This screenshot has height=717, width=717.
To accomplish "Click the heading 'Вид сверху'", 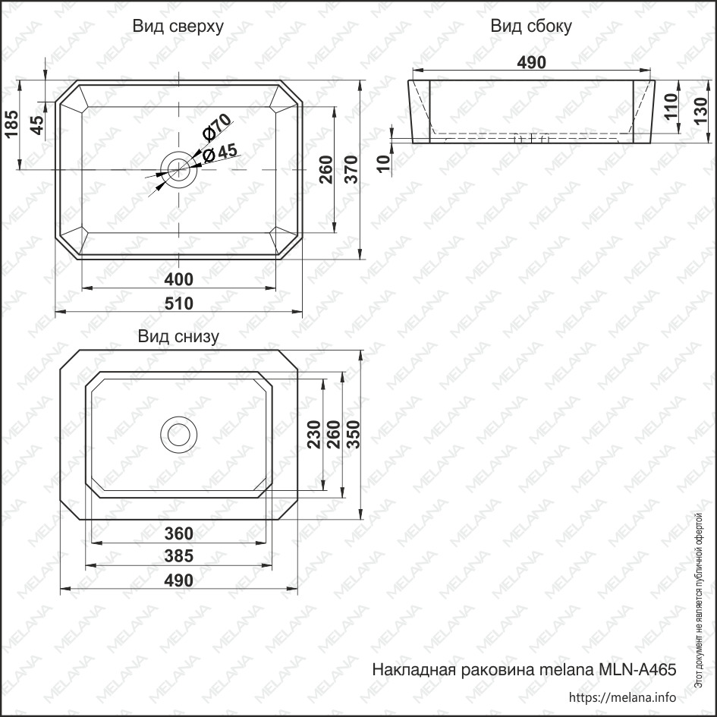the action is pos(178,27).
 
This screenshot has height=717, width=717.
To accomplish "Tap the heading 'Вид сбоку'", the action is pos(531,27).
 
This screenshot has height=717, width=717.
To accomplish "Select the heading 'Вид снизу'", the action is pos(178,337).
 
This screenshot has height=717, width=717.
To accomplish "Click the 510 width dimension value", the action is pos(179,303).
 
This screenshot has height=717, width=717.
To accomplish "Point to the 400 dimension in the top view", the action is pos(179,279).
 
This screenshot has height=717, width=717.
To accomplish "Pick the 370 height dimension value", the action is pos(351,170).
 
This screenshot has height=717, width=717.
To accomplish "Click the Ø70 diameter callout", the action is pos(215,127).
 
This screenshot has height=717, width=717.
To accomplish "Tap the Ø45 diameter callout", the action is pos(219,153).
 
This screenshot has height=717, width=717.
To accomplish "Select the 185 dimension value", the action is pos(11,124).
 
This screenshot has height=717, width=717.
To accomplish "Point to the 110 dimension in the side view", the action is pos(671,106).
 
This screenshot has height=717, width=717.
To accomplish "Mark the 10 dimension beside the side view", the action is pos(385,163).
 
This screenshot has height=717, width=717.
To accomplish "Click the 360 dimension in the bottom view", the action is pos(179,533).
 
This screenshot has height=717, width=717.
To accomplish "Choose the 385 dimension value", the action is pos(179,555).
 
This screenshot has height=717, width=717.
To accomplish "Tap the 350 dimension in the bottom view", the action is pos(353,435).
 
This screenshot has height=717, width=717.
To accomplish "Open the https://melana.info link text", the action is pos(622,697).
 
